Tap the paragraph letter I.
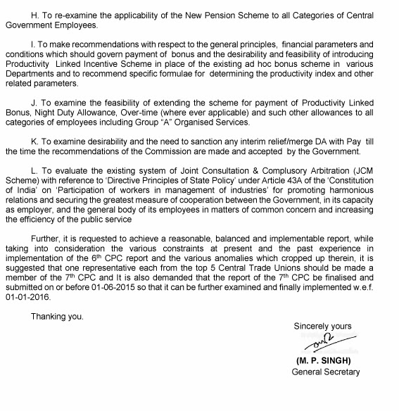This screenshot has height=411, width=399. pyautogui.click(x=32, y=44)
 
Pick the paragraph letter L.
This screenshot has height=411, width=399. pyautogui.click(x=33, y=171)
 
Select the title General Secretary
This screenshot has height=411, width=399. pyautogui.click(x=325, y=372)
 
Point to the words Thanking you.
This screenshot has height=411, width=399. pyautogui.click(x=56, y=317)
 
